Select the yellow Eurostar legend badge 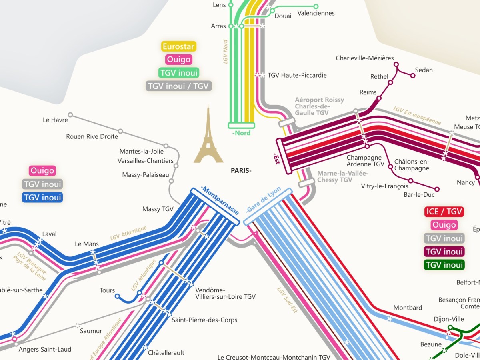[x=178, y=46]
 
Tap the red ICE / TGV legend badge [x=444, y=212]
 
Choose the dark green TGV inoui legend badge [x=444, y=265]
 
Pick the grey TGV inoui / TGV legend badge [x=178, y=86]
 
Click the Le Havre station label [x=55, y=120]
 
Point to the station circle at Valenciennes [x=316, y=6]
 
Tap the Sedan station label [x=424, y=70]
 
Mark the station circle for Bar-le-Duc [x=437, y=189]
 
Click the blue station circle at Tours [x=117, y=297]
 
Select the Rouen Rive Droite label [x=92, y=136]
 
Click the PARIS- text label [x=241, y=170]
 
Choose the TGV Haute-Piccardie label [x=297, y=75]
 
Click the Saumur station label [x=91, y=331]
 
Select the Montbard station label [x=408, y=308]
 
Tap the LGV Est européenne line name [x=416, y=116]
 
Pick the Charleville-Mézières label [x=364, y=58]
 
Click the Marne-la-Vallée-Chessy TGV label [x=342, y=177]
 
